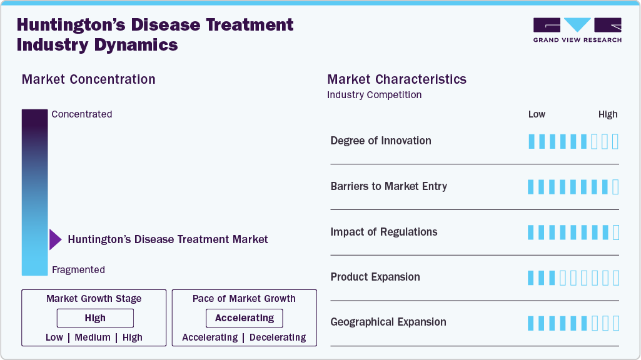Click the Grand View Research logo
coord(577,30)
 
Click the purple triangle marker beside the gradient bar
coord(55,239)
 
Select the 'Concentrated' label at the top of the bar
coord(82,114)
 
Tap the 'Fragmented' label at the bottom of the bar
coord(78,270)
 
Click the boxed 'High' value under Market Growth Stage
coord(95,318)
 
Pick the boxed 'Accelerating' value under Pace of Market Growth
coord(245,318)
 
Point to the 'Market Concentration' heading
coord(88,79)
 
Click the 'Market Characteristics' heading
coord(396,79)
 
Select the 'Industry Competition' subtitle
coord(374,95)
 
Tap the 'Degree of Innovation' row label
coord(381,141)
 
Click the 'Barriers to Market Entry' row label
coord(388,186)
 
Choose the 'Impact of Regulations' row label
coord(384,232)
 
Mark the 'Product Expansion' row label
coord(375,277)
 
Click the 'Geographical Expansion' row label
coord(388,322)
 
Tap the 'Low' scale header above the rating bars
coord(537,114)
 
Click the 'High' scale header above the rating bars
coord(607,114)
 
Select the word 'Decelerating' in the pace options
coord(278,337)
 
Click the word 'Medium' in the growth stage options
coord(93,337)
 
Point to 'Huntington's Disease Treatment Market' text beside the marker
coord(168,239)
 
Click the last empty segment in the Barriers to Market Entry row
coord(615,186)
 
